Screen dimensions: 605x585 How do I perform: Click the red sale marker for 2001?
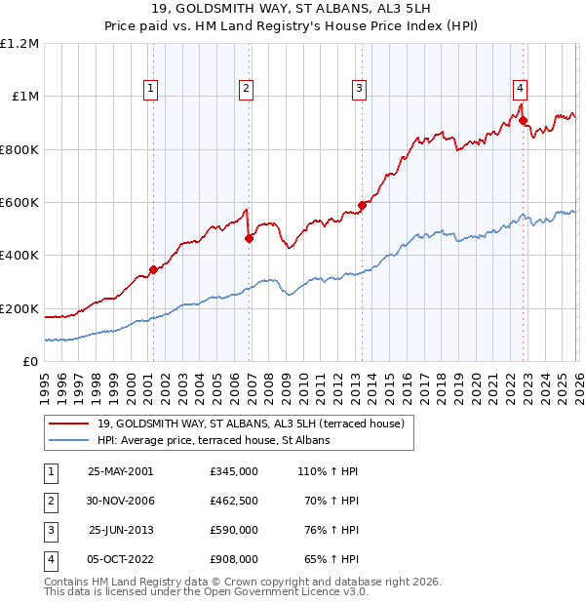pos(153,269)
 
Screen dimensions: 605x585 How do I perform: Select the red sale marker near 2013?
pos(361,205)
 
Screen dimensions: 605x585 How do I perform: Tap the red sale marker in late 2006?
pos(249,238)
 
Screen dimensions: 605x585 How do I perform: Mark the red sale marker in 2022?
pos(523,121)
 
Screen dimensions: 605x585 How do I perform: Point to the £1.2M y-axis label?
pos(19,44)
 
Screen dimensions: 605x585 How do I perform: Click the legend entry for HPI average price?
pos(214,440)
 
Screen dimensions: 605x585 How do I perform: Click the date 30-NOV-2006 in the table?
pos(122,501)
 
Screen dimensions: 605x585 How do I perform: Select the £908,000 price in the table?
pos(233,559)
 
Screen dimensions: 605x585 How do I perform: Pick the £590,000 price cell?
pos(233,530)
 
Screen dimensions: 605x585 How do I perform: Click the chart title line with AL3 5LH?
pos(292,11)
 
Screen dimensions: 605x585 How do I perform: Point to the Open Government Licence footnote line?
pos(207,591)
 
